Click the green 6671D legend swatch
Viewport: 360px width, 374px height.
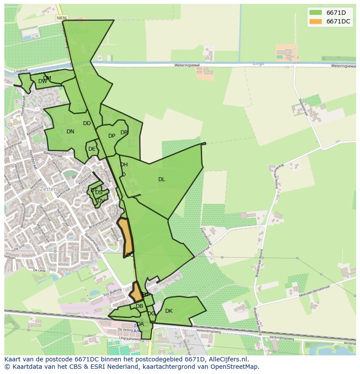click(316, 13)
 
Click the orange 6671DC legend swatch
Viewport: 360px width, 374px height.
click(316, 21)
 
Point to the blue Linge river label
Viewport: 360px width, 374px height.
click(259, 63)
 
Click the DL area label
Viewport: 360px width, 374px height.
click(162, 179)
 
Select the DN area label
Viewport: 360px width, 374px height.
click(70, 132)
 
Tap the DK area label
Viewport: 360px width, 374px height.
click(169, 311)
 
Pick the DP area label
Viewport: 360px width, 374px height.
click(112, 136)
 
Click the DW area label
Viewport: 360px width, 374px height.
click(42, 81)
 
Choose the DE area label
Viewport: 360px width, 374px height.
click(92, 149)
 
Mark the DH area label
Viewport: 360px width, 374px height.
click(124, 165)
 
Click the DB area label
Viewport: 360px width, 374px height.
click(139, 306)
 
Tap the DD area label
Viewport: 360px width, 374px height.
click(87, 123)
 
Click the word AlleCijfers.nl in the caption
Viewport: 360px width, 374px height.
click(233, 359)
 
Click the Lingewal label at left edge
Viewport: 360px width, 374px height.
click(20, 70)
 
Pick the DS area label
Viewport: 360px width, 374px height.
click(99, 192)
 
